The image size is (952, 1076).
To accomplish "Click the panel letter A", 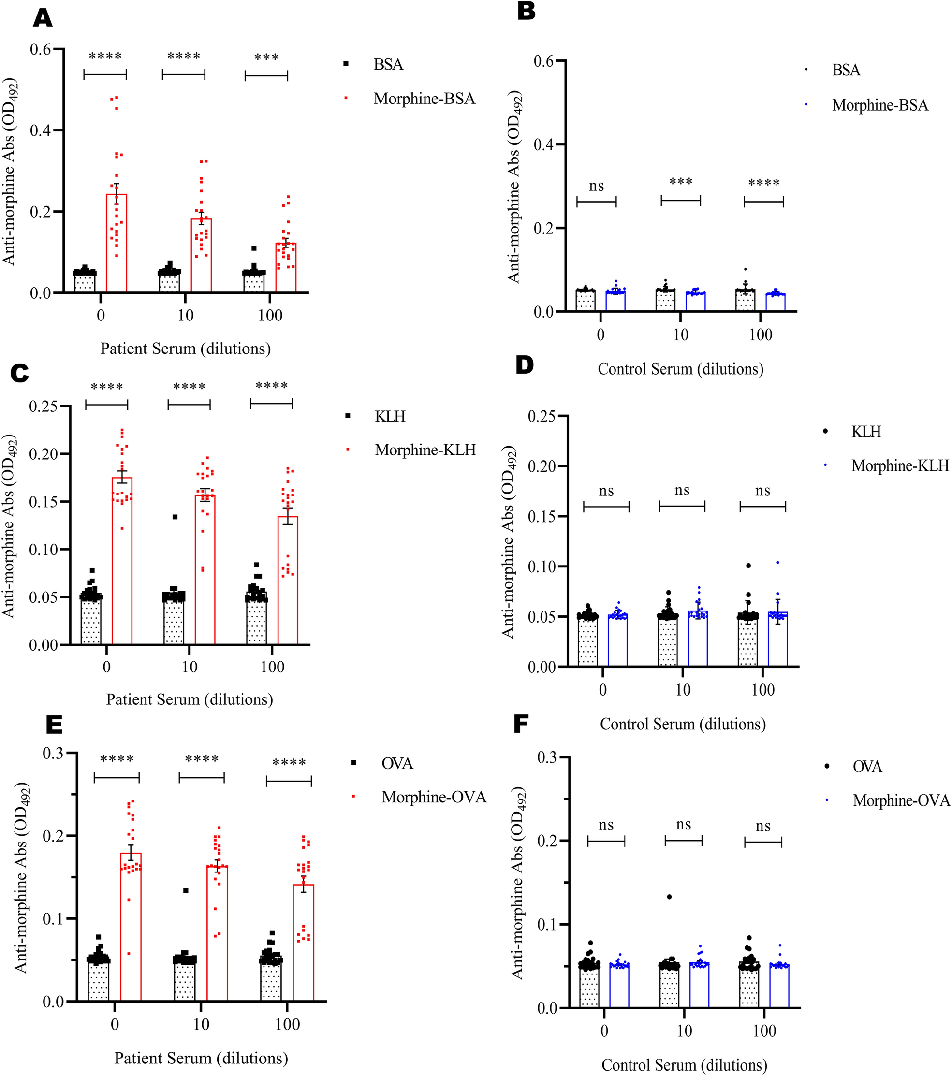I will tap(43, 18).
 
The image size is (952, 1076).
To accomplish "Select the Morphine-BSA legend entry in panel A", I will tap(424, 99).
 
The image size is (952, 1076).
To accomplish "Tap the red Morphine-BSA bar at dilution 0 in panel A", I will tap(117, 243).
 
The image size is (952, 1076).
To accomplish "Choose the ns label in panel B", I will tap(596, 187).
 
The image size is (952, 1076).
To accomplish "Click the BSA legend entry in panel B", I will tap(846, 70).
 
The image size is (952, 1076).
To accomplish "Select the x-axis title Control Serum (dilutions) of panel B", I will tap(680, 368).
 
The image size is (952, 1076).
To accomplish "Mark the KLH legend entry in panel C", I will tap(390, 416).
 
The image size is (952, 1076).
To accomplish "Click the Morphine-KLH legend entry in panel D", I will tap(899, 465).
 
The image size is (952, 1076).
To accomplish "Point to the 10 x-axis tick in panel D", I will tap(683, 690).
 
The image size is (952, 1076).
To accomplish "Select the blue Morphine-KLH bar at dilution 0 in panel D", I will tap(617, 640).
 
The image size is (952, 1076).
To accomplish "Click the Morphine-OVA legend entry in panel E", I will tap(433, 797).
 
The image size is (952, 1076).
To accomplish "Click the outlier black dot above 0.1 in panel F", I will tap(669, 897).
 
